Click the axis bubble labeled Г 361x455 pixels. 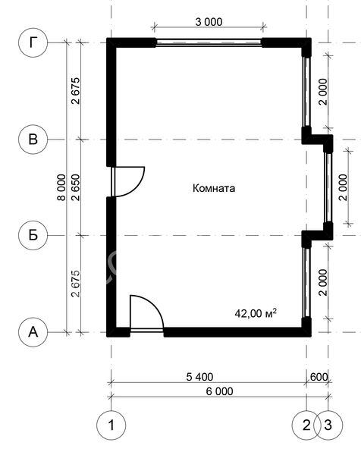(x=33, y=42)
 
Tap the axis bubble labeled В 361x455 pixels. (x=33, y=140)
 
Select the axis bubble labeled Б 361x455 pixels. (x=33, y=235)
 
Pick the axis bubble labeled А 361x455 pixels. (x=33, y=332)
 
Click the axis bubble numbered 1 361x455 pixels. (x=111, y=425)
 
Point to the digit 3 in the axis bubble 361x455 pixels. (x=328, y=425)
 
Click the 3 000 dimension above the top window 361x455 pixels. (x=209, y=22)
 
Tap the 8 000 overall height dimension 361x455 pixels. (x=61, y=187)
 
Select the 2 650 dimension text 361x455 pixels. (x=75, y=187)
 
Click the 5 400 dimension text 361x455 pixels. (x=199, y=377)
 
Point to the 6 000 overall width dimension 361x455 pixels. (x=219, y=391)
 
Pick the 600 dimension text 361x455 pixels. (x=319, y=377)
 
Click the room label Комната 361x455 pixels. (x=214, y=188)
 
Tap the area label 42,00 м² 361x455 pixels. (x=256, y=313)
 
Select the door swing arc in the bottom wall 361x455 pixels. (x=155, y=306)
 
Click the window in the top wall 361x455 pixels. (x=209, y=42)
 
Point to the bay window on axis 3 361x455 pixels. (x=328, y=187)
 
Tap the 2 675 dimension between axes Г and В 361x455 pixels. (x=75, y=91)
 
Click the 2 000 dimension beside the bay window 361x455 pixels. (x=343, y=187)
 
